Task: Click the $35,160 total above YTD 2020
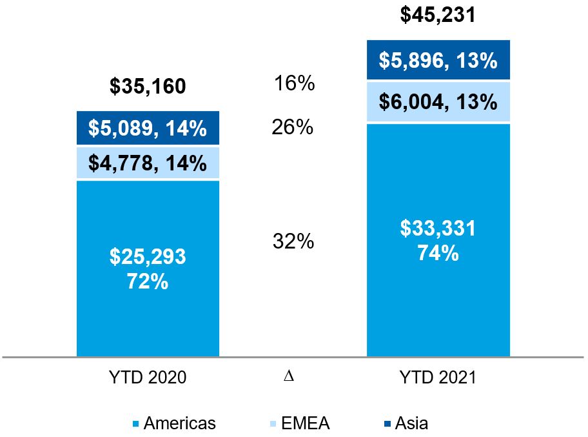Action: pos(148,87)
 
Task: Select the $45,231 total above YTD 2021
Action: pos(438,15)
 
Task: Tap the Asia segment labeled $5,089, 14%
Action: pos(148,128)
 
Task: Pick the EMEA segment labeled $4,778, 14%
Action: pos(148,163)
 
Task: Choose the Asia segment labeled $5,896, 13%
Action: pos(438,61)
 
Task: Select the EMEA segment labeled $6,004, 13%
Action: pos(438,102)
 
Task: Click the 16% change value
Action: pos(293,83)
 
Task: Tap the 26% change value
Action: pos(293,127)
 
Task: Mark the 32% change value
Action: pos(293,242)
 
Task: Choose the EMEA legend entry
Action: pos(300,423)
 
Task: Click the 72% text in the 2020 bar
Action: pos(148,281)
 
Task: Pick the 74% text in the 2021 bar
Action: pos(438,252)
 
